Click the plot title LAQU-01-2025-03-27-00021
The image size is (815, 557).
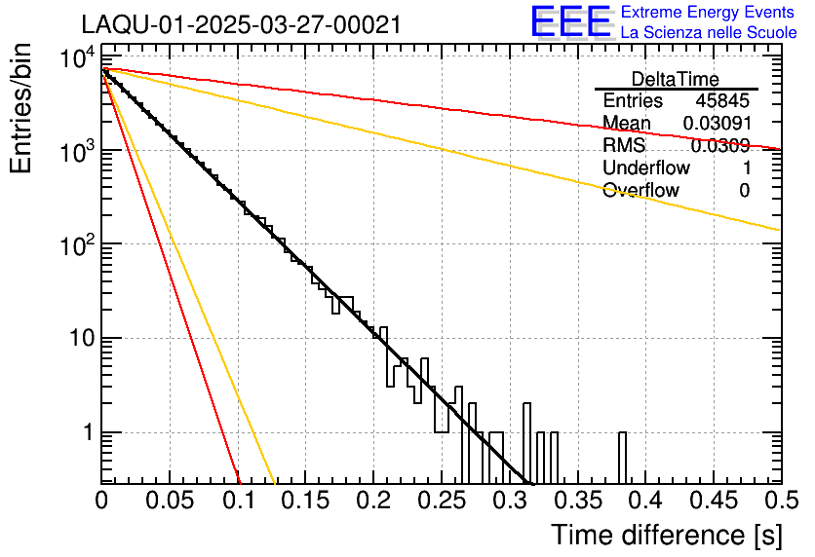[241, 25]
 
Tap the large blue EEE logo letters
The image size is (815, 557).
[570, 22]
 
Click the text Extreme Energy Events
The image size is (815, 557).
[709, 13]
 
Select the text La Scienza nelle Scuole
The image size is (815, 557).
[709, 32]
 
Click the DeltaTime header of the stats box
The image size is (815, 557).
[676, 79]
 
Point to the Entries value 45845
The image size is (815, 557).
[722, 101]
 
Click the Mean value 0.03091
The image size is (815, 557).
[717, 124]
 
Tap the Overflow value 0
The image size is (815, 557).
[744, 191]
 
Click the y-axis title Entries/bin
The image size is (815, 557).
[23, 111]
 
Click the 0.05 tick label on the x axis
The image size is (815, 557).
[170, 501]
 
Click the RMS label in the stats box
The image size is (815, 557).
[624, 146]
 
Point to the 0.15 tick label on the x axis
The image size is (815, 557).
[305, 501]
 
